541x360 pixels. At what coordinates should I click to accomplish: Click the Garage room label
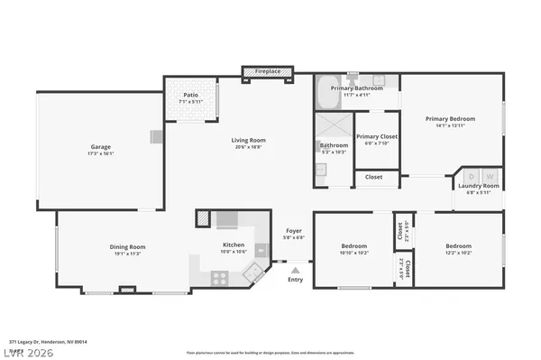100,147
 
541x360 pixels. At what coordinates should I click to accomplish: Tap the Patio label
190,94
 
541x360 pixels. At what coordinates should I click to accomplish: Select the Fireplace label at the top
267,70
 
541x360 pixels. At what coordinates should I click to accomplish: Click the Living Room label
249,140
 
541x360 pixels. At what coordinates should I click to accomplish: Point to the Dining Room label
127,246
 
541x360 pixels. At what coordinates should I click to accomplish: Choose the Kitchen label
234,245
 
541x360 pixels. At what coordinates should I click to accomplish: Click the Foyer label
294,231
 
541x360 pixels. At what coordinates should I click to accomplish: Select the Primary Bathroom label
356,88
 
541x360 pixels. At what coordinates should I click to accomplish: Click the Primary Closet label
376,136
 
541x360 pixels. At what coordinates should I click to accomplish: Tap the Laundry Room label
478,186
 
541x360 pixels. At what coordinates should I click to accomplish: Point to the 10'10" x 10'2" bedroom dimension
353,252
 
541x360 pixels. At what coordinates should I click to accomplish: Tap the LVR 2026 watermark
28,353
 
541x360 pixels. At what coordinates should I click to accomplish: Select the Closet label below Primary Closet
373,177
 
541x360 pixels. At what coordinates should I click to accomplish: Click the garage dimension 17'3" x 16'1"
100,153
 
